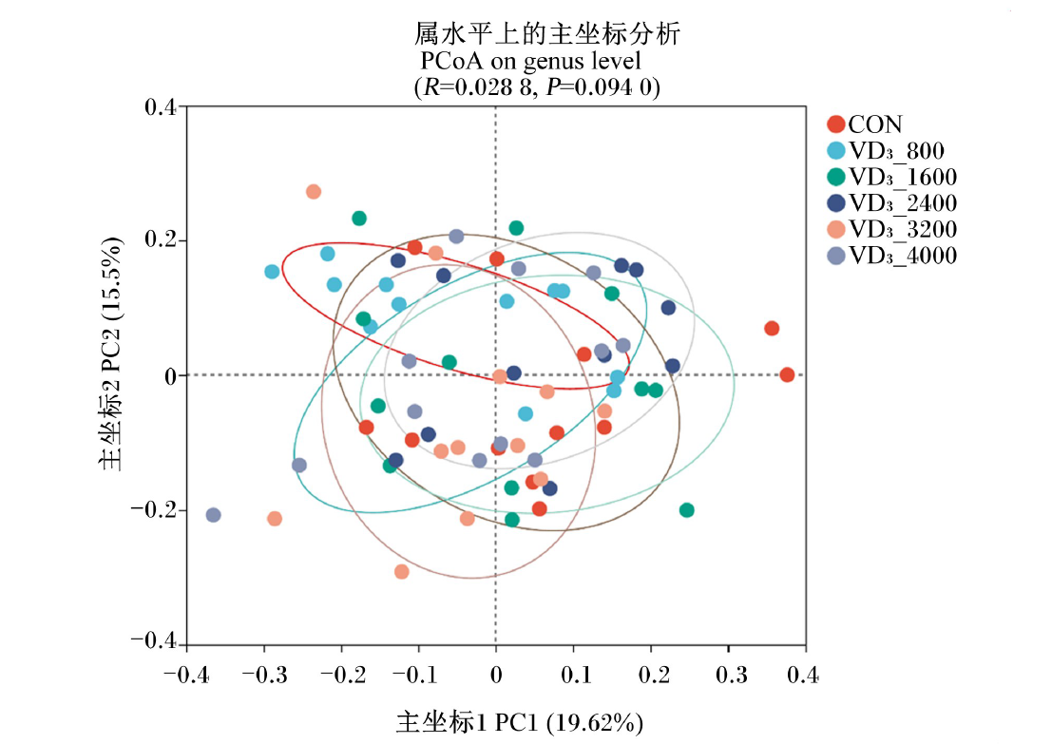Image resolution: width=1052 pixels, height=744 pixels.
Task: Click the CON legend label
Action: point(875,124)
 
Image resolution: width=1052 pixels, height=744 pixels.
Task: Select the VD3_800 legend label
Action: point(896,150)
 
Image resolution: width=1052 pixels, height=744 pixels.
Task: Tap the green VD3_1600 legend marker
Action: point(836,177)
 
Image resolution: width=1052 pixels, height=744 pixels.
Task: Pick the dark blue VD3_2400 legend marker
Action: point(836,202)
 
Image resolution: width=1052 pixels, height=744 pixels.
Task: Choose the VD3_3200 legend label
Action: point(903,229)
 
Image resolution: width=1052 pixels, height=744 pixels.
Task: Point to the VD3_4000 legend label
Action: point(903,255)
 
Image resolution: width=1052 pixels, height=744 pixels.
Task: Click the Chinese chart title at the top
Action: point(546,33)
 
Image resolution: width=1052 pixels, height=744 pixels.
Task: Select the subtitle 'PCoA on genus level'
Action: point(530,61)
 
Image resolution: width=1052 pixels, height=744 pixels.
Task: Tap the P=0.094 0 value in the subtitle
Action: point(603,87)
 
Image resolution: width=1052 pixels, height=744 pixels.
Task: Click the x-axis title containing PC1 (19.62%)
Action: point(519,722)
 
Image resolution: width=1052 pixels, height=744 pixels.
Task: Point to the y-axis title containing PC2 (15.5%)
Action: point(110,353)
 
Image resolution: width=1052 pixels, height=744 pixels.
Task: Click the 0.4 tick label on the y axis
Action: point(161,106)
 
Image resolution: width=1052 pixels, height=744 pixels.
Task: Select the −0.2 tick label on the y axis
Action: point(153,509)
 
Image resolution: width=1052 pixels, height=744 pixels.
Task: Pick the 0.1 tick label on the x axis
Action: point(576,675)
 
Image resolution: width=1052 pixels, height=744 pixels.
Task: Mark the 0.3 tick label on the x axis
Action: point(731,675)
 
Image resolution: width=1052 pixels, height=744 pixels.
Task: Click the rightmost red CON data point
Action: point(787,375)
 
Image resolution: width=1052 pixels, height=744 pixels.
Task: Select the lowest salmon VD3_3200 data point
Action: point(401,572)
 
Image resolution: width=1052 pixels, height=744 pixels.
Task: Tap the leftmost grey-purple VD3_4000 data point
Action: point(214,515)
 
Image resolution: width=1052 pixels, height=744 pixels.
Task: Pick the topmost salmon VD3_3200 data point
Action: point(314,192)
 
